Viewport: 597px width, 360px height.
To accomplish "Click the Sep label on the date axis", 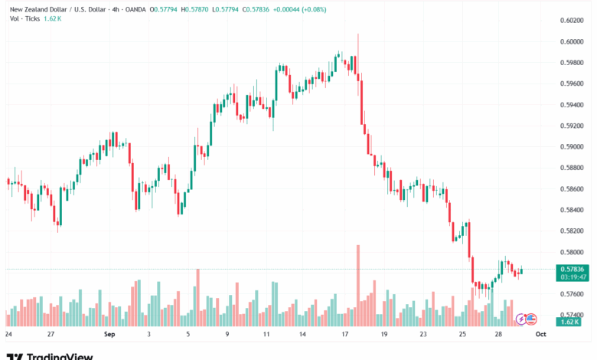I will click(x=109, y=335).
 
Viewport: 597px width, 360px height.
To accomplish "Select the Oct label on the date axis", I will click(x=540, y=335).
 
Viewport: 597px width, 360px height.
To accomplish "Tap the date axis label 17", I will click(x=345, y=335).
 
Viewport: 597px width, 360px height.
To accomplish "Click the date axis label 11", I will click(x=266, y=335).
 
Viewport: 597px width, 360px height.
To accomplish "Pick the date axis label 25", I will click(x=463, y=335).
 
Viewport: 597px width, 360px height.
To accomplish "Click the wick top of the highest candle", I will click(x=357, y=34).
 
